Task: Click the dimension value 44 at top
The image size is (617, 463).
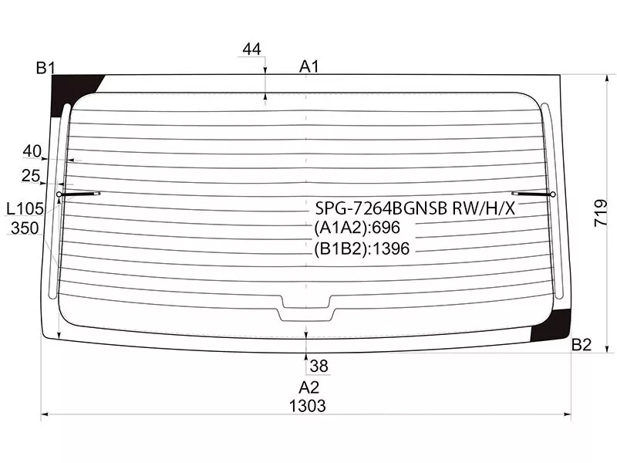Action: (x=252, y=49)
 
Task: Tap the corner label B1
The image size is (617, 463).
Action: (x=46, y=68)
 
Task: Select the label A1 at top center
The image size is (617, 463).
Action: (x=309, y=66)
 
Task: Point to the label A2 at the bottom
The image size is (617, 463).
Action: (x=309, y=387)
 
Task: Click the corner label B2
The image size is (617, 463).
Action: (x=582, y=345)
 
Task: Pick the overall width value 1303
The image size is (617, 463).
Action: (x=308, y=406)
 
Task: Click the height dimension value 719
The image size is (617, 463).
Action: (x=601, y=213)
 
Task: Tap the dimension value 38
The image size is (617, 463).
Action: (x=319, y=366)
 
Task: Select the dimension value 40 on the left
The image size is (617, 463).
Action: (x=32, y=150)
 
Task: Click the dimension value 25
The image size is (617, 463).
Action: (x=31, y=176)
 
